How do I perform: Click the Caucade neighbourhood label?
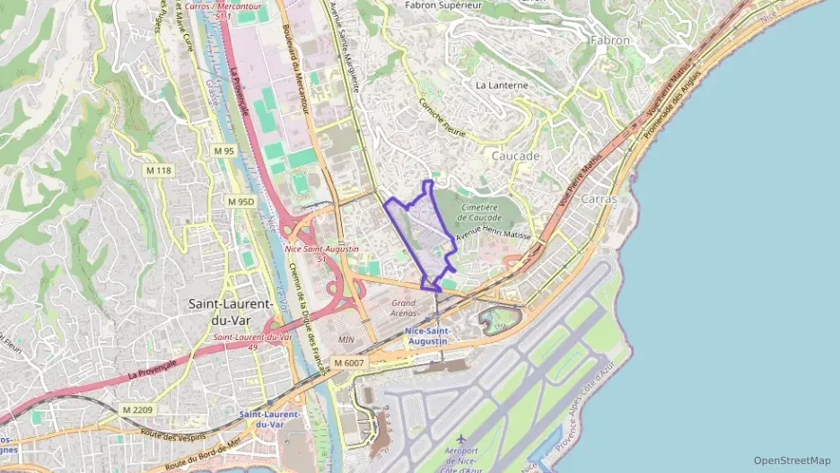pyautogui.click(x=515, y=155)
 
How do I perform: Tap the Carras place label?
pyautogui.click(x=599, y=198)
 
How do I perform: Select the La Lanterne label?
pyautogui.click(x=502, y=85)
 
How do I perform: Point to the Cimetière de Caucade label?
pyautogui.click(x=480, y=212)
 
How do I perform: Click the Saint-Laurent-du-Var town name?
pyautogui.click(x=232, y=311)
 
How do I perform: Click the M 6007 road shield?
pyautogui.click(x=350, y=363)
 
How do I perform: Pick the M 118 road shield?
pyautogui.click(x=158, y=170)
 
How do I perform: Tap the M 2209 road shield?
pyautogui.click(x=137, y=410)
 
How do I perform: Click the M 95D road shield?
pyautogui.click(x=241, y=202)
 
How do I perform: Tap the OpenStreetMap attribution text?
pyautogui.click(x=792, y=460)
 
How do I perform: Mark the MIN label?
pyautogui.click(x=347, y=340)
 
